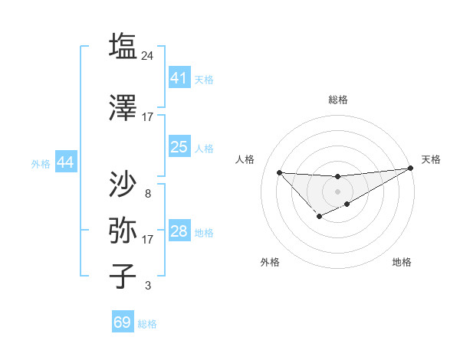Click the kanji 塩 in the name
[123, 47]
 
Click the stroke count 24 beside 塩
[148, 56]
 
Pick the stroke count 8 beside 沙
[148, 194]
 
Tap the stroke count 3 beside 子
[148, 286]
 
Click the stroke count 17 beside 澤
[148, 117]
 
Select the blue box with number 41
[179, 77]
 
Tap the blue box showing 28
[179, 231]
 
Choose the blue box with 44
[65, 162]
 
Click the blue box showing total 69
[123, 322]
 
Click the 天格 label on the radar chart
[431, 159]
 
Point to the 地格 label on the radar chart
[402, 262]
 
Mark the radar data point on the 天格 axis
[412, 168]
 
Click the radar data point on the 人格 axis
[279, 172]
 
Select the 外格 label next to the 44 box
[40, 163]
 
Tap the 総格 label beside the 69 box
[147, 324]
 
